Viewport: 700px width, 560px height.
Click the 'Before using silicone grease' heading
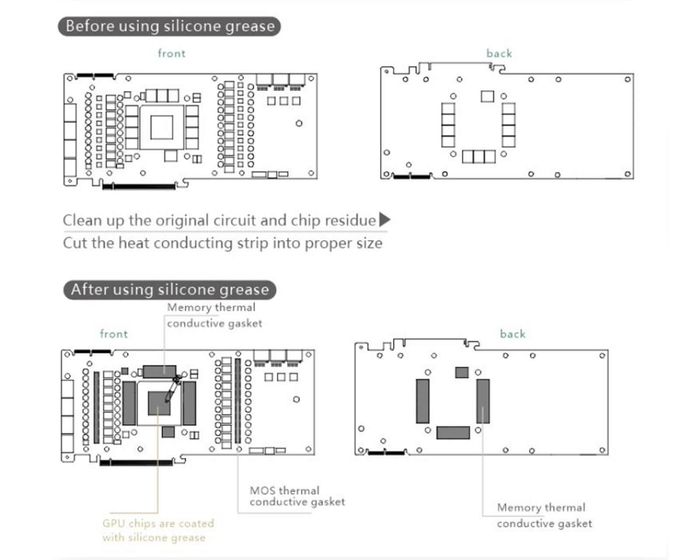169,26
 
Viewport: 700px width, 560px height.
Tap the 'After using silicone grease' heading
170,290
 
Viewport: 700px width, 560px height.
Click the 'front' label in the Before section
171,53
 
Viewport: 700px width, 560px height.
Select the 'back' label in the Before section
499,53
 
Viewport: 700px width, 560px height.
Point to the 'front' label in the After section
114,334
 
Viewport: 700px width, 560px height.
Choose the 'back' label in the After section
513,334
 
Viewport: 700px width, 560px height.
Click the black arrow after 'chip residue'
385,220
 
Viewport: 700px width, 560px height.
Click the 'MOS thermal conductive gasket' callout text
297,496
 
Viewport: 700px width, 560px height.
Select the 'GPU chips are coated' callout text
158,523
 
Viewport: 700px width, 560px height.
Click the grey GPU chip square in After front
159,403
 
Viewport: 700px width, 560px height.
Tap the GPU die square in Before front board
161,127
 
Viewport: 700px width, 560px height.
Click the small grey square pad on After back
462,372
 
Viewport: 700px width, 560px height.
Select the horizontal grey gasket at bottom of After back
453,432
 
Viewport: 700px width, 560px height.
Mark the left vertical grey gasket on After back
423,401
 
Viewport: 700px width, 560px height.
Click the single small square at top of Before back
487,96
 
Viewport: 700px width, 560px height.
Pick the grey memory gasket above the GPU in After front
160,371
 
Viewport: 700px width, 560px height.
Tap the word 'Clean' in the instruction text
82,220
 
